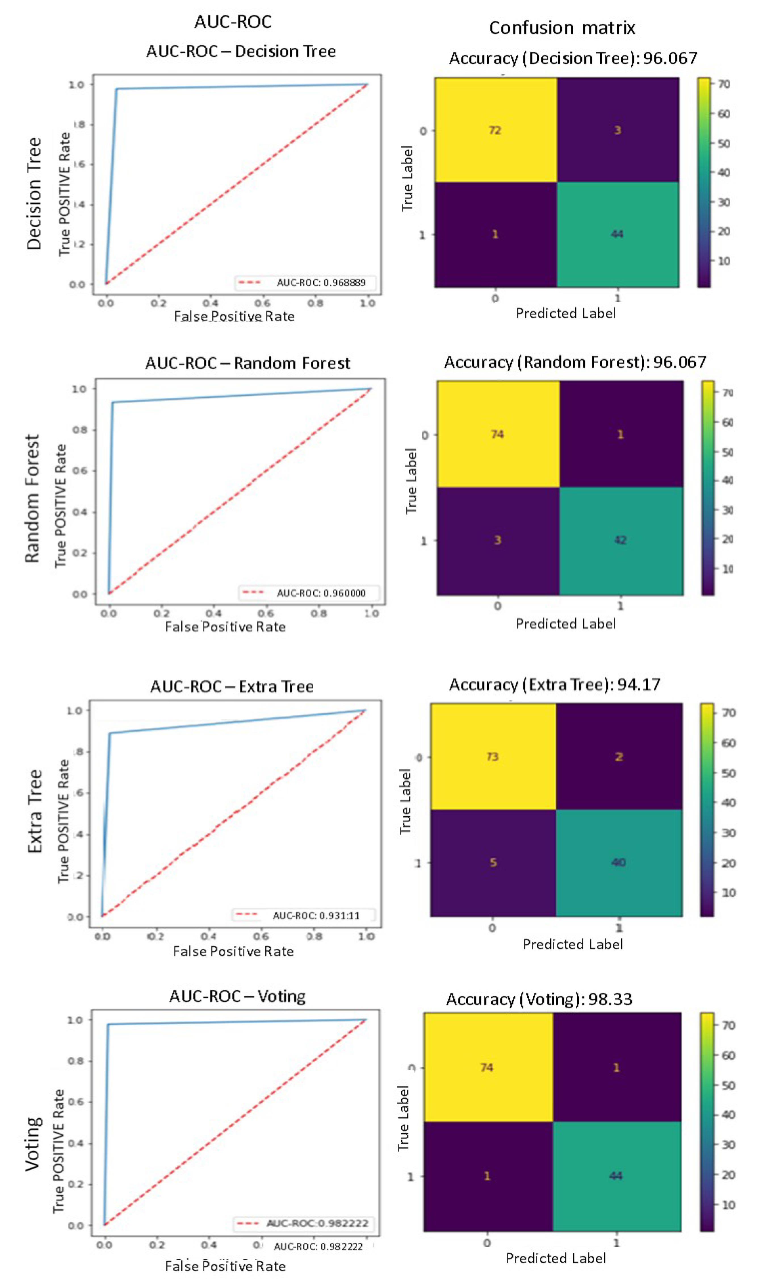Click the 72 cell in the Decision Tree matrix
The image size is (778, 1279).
tap(495, 130)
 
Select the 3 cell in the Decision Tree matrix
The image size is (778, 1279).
tap(618, 130)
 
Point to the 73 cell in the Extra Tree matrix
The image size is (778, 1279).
tap(492, 757)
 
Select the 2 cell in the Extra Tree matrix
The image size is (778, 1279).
tap(618, 757)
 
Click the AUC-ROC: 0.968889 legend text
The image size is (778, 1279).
tap(321, 282)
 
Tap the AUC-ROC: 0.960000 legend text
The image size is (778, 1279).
tap(321, 593)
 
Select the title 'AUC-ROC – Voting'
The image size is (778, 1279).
tap(237, 997)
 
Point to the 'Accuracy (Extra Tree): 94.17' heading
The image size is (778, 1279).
tap(555, 685)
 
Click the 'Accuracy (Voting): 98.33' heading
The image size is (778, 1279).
tap(539, 999)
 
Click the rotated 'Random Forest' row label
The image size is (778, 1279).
tap(32, 498)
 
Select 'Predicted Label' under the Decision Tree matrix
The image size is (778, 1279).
tap(566, 313)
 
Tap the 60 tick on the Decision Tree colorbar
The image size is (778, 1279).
tap(724, 114)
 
